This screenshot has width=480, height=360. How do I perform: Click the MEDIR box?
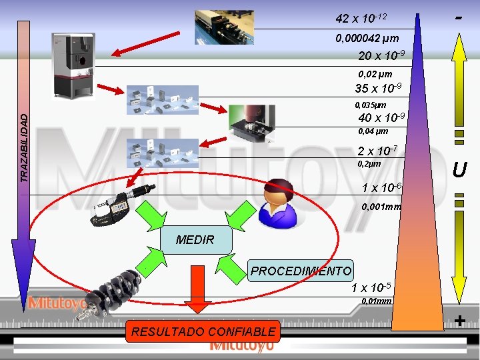[195, 240]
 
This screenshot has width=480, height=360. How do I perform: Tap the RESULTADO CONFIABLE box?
[203, 331]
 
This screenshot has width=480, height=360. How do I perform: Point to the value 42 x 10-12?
[361, 17]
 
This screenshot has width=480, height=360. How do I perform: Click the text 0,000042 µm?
[367, 39]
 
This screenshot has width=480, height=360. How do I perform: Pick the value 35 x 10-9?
[378, 89]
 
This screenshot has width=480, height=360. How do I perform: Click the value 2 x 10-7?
[377, 151]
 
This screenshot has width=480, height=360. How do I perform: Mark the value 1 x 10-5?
[371, 288]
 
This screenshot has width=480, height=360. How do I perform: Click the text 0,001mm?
[381, 207]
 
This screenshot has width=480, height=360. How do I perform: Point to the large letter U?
[459, 171]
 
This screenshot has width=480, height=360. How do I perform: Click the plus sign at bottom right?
[459, 321]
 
